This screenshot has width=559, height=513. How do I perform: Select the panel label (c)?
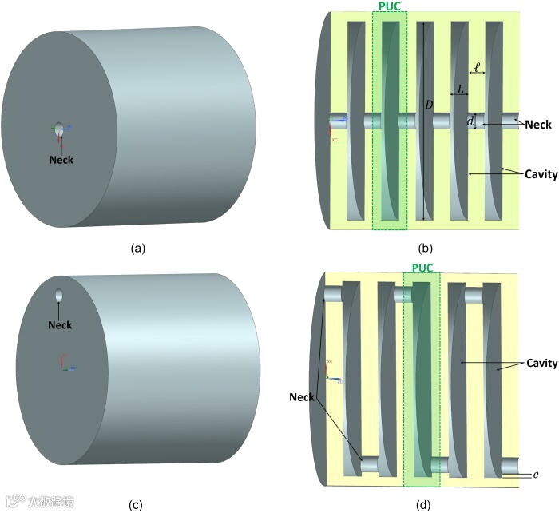(x=137, y=504)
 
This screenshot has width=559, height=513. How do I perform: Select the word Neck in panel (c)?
(x=60, y=324)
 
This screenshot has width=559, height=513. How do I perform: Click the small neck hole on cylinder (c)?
(x=59, y=296)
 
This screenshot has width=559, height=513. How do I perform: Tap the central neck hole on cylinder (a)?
(x=59, y=129)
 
